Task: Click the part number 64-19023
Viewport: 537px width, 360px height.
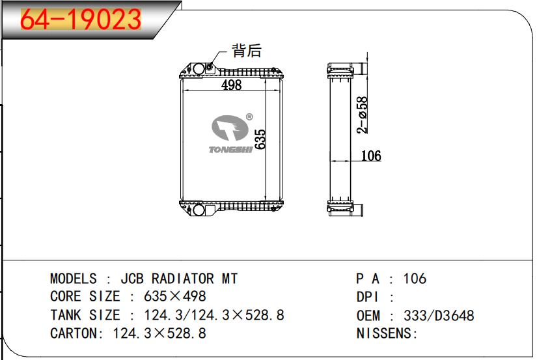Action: coord(81,20)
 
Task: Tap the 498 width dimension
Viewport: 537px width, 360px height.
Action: coord(231,85)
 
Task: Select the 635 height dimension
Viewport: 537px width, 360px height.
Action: coord(260,139)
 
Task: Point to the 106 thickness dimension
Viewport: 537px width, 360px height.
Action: coord(370,156)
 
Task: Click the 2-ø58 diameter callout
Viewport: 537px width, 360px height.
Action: coord(363,115)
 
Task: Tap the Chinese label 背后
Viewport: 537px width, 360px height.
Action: coord(247,51)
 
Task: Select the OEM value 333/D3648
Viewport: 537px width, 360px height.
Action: coord(439,316)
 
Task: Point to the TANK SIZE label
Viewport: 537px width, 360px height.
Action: coord(85,315)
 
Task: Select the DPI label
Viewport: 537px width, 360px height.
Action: coord(368,297)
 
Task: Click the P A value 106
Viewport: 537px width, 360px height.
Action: coord(415,279)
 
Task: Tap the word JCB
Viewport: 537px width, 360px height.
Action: coord(133,279)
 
